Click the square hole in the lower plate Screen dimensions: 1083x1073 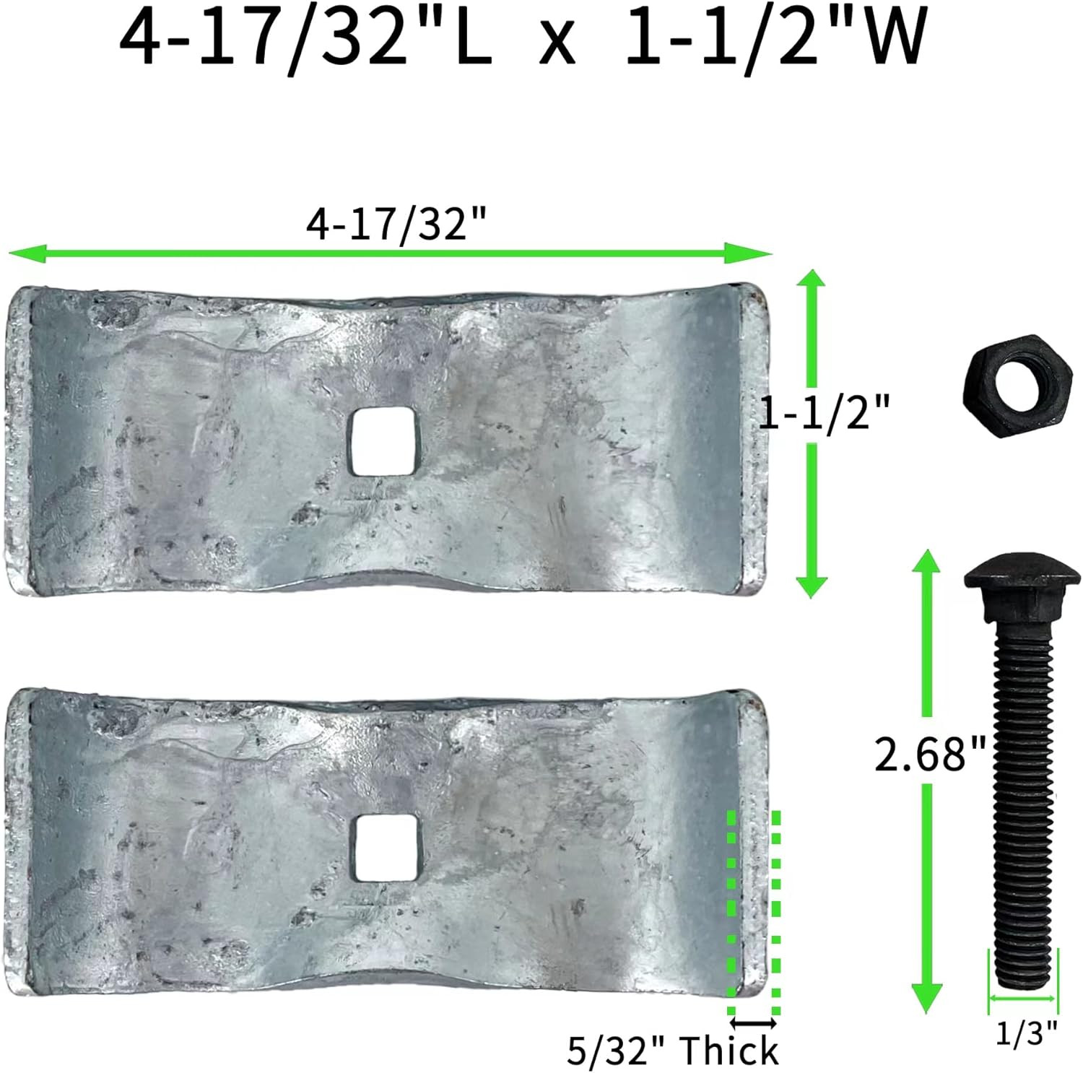(384, 848)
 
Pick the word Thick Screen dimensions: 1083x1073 (729, 1051)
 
